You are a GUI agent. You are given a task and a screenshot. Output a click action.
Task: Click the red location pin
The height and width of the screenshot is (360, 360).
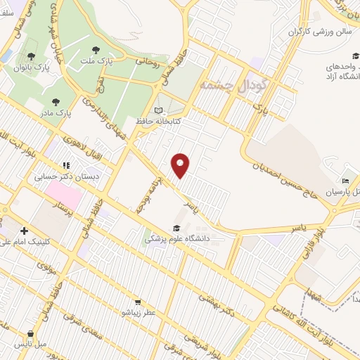[x=181, y=165]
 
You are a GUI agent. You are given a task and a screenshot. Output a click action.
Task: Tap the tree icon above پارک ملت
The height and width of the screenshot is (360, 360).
[x=96, y=49]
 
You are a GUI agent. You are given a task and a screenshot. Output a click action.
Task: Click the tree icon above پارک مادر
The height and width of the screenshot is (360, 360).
[x=56, y=102]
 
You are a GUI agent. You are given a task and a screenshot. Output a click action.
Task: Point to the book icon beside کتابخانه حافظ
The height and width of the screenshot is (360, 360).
[x=159, y=110]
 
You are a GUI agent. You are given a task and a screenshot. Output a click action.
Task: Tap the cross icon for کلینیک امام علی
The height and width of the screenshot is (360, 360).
[x=25, y=231]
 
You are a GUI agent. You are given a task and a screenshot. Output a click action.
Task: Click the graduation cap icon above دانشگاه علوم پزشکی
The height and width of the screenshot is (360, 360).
[x=176, y=228]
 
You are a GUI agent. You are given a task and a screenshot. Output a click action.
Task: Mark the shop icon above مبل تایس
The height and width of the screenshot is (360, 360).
[x=30, y=334]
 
